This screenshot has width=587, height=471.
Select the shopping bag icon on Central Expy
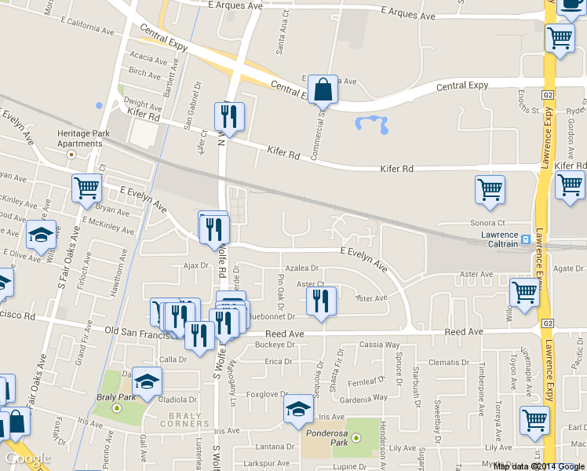tap(323, 91)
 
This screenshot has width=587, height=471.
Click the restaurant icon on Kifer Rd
tap(229, 117)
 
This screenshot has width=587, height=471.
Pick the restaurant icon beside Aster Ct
tap(321, 302)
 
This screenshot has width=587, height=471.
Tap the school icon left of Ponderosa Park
tap(298, 410)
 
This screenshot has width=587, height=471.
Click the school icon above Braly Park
tap(146, 382)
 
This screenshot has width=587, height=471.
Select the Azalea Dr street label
tap(302, 268)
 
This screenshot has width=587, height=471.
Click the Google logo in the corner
tap(27, 458)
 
